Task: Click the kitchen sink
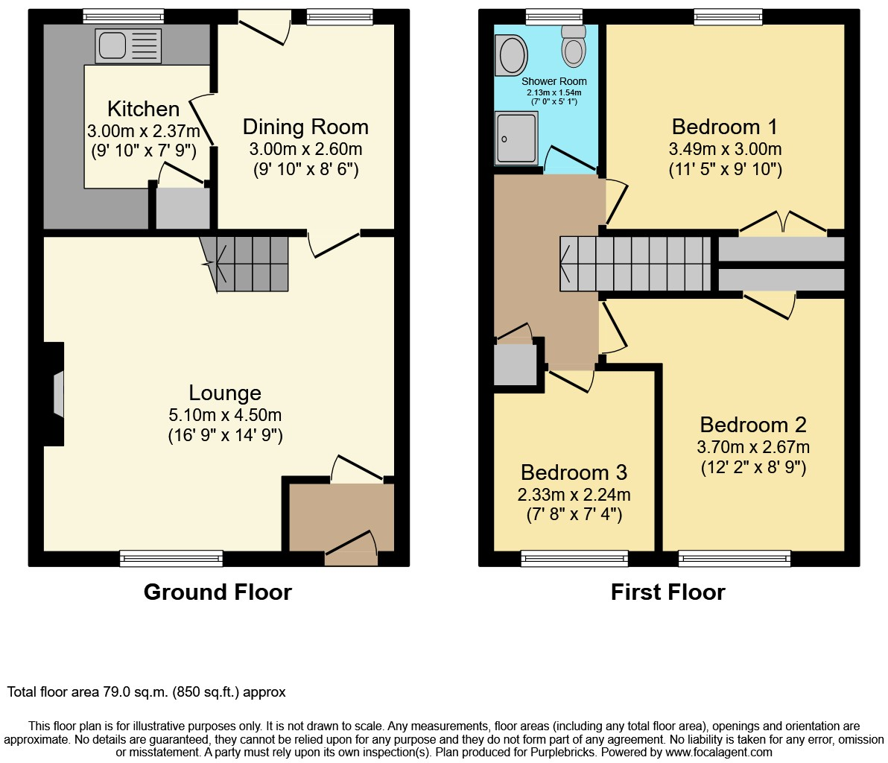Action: point(129,45)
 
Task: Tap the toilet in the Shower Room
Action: point(574,46)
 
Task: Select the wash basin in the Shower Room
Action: point(511,55)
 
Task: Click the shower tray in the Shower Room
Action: point(516,138)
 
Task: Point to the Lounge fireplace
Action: point(54,393)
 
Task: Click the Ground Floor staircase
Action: point(244,264)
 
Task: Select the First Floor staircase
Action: point(635,263)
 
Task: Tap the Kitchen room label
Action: point(143,109)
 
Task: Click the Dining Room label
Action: point(306,127)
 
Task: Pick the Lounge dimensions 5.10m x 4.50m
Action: point(225,415)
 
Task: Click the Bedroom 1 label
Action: point(724,127)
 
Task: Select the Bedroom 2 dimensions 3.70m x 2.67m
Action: point(753,447)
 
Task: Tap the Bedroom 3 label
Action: point(574,472)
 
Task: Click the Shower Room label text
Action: point(554,81)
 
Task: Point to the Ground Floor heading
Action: point(218,592)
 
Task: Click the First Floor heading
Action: point(667,592)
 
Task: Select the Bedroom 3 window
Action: point(574,559)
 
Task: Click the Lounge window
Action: point(171,559)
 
